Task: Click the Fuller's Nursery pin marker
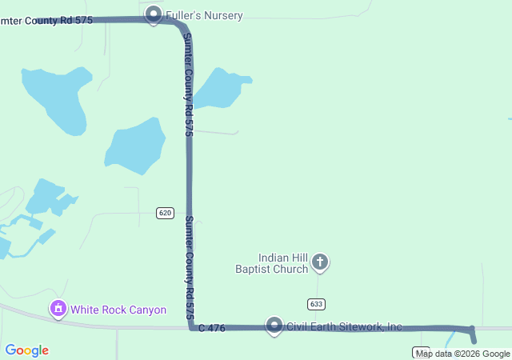point(154,14)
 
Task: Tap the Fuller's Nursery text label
point(204,15)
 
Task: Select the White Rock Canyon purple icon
point(58,308)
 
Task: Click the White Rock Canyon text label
point(118,310)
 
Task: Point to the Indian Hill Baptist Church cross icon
point(320,262)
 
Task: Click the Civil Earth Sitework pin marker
point(274,326)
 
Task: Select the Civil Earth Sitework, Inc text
point(345,326)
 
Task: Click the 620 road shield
point(165,213)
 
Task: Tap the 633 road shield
point(315,304)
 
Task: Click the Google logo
point(26,350)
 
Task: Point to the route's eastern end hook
point(472,334)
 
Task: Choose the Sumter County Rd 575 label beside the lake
point(189,84)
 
